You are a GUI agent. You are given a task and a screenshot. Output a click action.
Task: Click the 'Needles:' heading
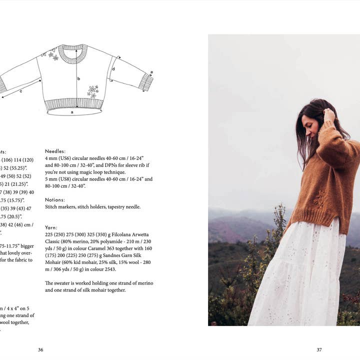(x=55, y=151)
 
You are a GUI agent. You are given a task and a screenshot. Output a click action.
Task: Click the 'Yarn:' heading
(x=51, y=227)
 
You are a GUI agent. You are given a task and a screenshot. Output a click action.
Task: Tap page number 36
(x=40, y=350)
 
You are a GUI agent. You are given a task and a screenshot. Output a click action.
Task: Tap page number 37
(x=319, y=350)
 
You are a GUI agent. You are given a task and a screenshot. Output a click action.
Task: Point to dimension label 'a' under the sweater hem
(x=72, y=113)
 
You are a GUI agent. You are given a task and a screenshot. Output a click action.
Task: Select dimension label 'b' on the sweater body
(x=78, y=78)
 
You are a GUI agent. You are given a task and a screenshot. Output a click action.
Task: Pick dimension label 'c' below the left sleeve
(x=21, y=91)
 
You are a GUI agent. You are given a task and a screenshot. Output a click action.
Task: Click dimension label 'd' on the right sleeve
(x=113, y=68)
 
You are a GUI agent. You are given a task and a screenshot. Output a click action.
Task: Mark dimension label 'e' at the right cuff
(x=151, y=73)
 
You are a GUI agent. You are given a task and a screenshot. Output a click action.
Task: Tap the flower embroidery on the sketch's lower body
(x=93, y=91)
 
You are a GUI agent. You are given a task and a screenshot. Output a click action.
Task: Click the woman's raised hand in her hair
(x=329, y=116)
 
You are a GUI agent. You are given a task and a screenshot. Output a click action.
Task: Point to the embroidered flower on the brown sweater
(x=320, y=199)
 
